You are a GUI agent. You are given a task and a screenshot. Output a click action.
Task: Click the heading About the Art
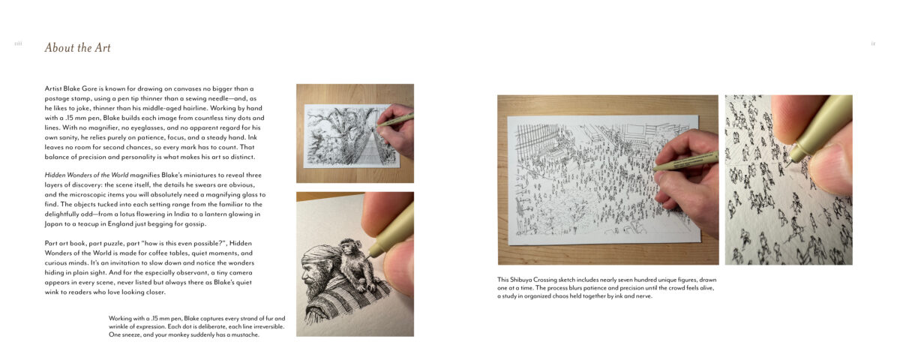pos(77,48)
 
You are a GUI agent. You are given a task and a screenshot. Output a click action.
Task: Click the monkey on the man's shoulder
pos(355,264)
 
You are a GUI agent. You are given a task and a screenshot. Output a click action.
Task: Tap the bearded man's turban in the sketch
pos(322,257)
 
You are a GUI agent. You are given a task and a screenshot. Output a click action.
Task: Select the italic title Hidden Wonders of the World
pos(86,175)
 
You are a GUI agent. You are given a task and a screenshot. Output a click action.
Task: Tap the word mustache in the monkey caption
pos(245,334)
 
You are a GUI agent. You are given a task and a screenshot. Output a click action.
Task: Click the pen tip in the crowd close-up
pos(790,163)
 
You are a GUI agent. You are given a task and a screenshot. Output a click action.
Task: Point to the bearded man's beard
pos(316,289)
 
